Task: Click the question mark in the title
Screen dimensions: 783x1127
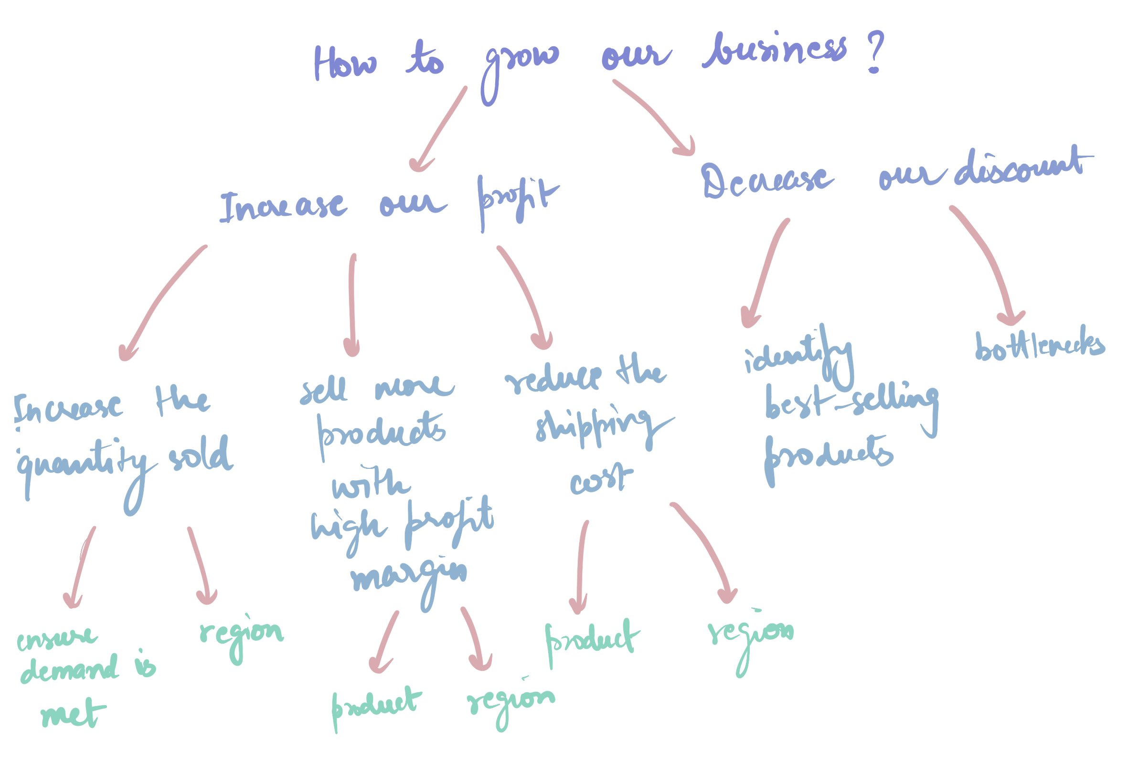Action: [875, 52]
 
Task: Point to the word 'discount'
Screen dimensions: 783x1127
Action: [1021, 169]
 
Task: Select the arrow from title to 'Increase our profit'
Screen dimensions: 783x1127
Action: [439, 130]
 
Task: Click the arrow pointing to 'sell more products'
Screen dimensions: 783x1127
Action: [352, 304]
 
